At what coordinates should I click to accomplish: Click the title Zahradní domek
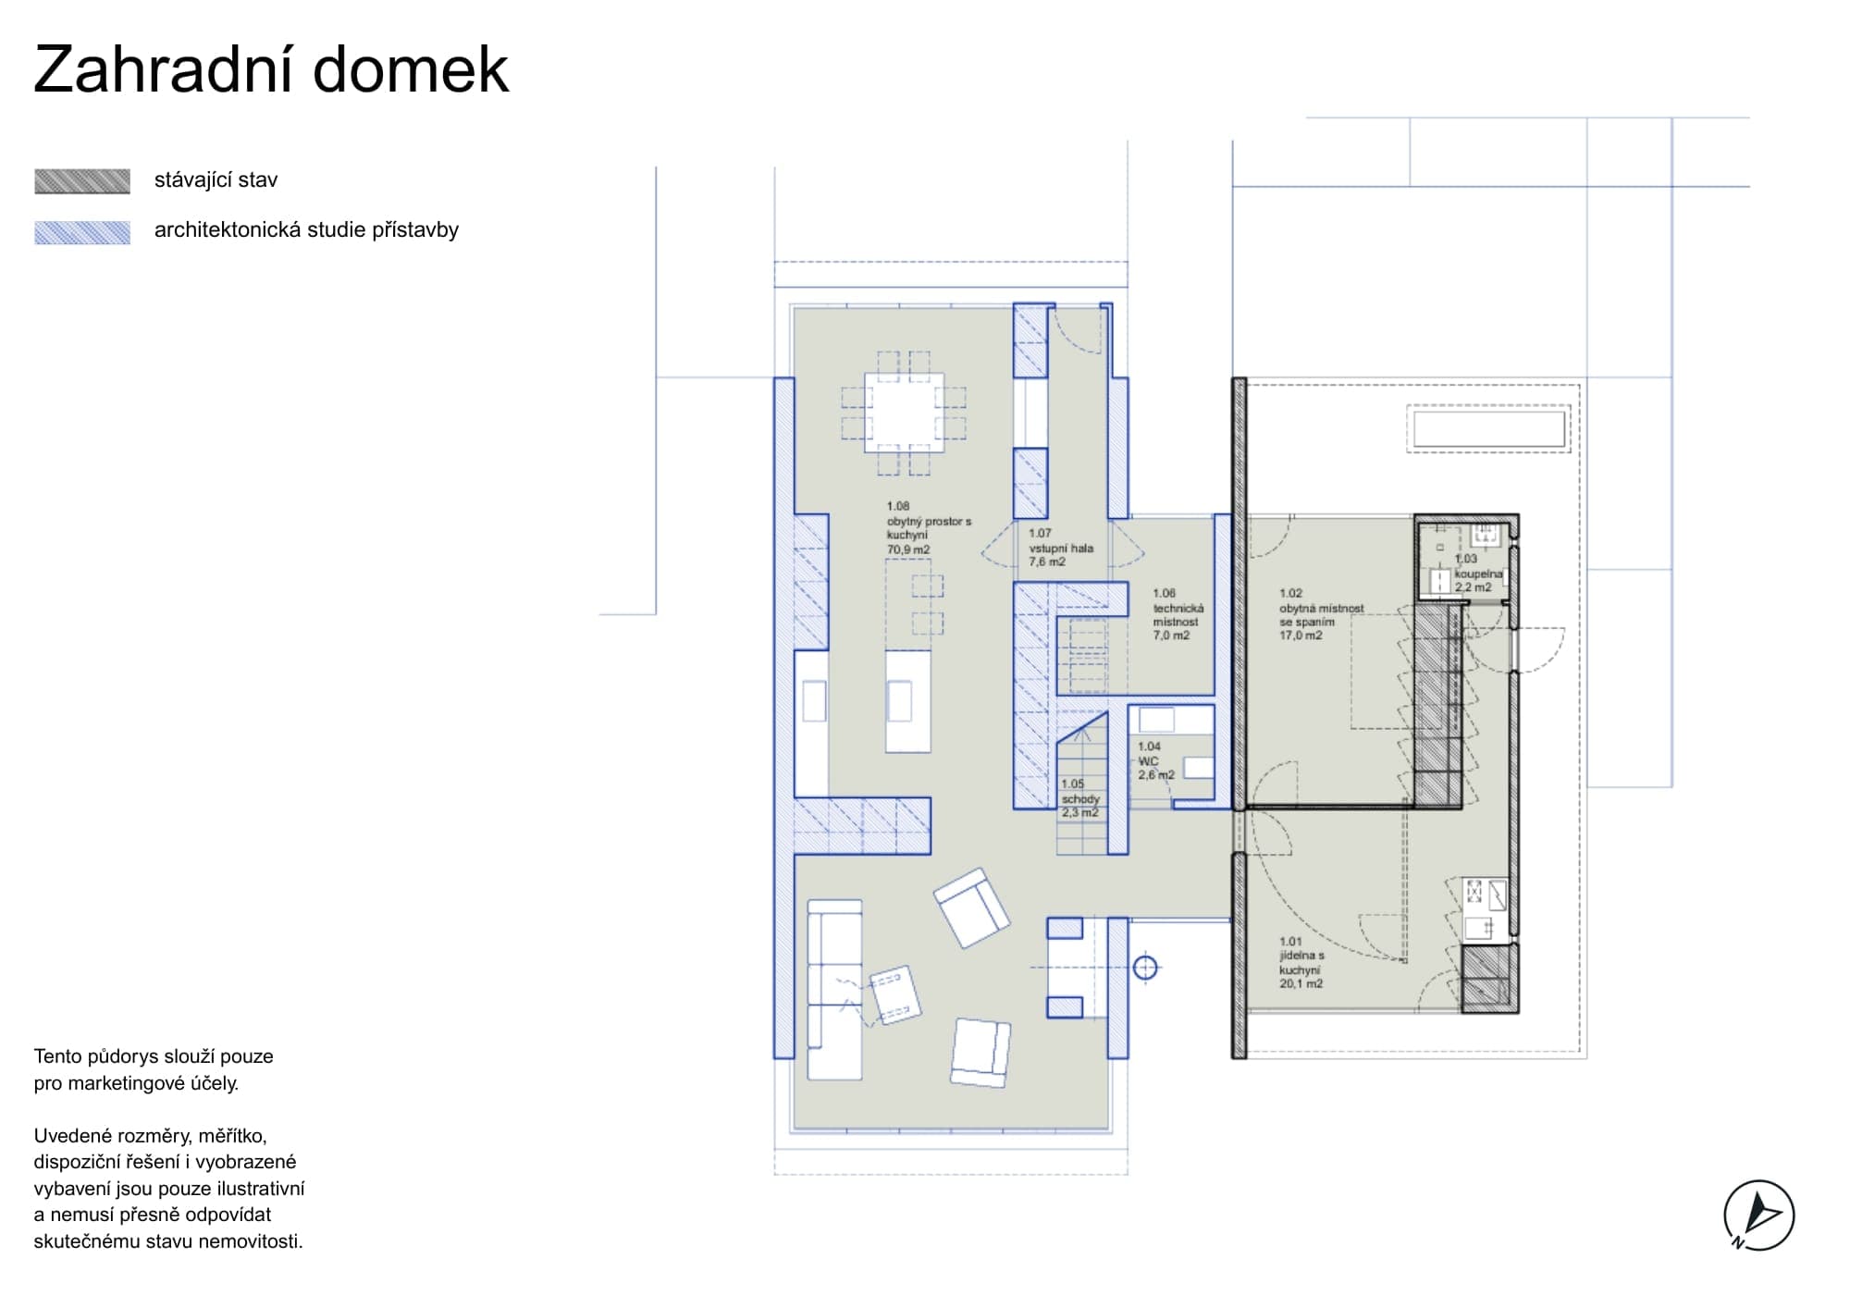(271, 69)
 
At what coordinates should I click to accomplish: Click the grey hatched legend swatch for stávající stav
(82, 181)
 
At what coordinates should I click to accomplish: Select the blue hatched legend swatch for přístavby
(82, 232)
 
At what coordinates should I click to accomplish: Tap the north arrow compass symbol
(1758, 1215)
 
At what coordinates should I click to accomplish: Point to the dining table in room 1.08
(904, 413)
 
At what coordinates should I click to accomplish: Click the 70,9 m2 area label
(908, 549)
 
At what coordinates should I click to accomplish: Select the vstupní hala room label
(1061, 548)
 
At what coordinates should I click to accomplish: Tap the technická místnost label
(1178, 615)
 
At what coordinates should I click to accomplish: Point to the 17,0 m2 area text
(1301, 635)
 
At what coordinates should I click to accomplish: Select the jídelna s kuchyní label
(1301, 963)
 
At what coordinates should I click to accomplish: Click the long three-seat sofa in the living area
(835, 990)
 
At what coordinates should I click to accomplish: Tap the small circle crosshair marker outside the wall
(1145, 968)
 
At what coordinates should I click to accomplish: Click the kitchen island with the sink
(907, 701)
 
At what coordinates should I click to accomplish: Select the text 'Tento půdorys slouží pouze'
(154, 1056)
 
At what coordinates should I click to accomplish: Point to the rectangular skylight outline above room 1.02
(1489, 429)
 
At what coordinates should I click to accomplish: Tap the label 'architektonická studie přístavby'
(306, 230)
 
